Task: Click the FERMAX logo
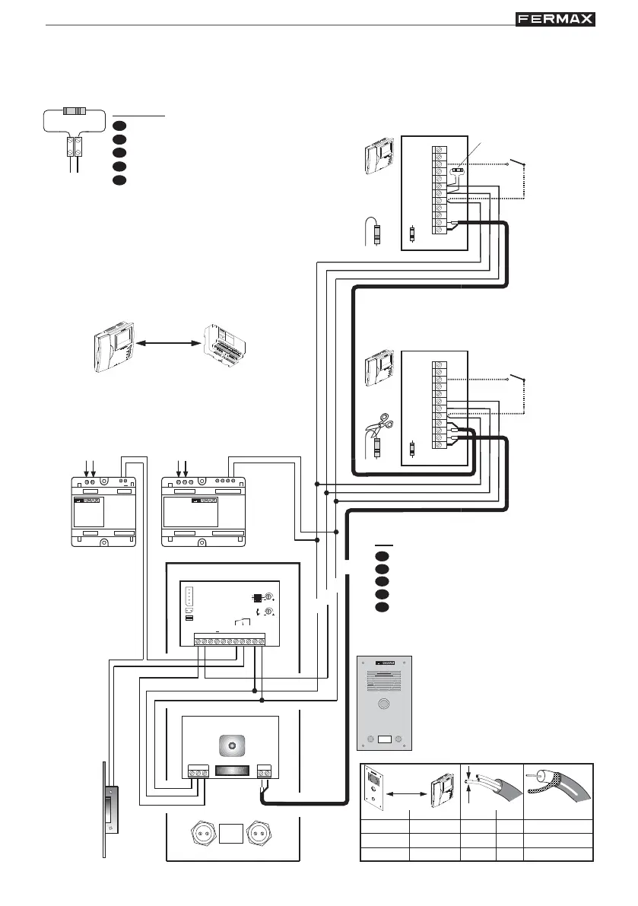click(555, 19)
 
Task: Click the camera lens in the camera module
click(230, 742)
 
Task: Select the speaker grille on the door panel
click(384, 679)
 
